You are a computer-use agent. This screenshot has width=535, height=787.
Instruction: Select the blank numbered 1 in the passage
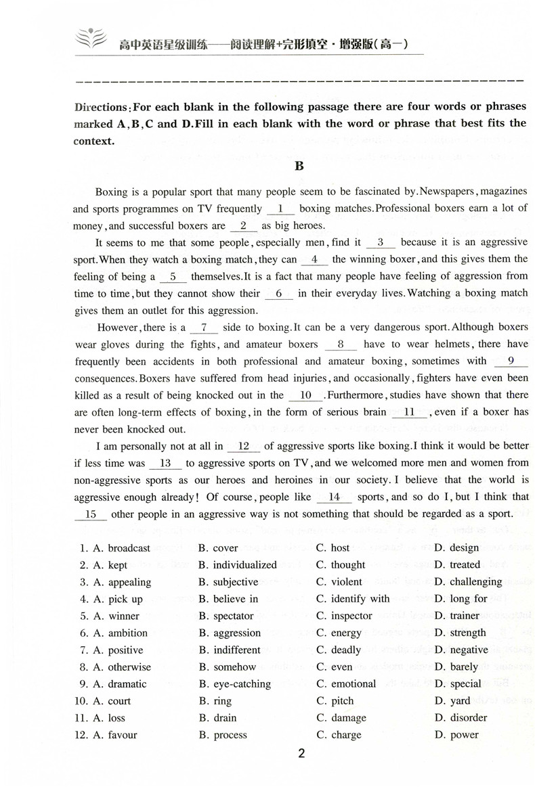point(280,209)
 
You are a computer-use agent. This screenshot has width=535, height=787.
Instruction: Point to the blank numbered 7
point(205,328)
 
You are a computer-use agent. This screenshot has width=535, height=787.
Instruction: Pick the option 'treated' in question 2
point(465,565)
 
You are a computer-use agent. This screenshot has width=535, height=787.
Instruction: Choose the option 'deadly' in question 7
point(346,650)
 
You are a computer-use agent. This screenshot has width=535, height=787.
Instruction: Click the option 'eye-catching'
point(242,683)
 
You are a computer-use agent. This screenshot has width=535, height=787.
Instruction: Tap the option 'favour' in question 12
point(122,735)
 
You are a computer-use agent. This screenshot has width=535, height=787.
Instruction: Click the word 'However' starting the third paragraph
point(117,328)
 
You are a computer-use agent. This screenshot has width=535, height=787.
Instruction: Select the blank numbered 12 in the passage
point(244,446)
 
